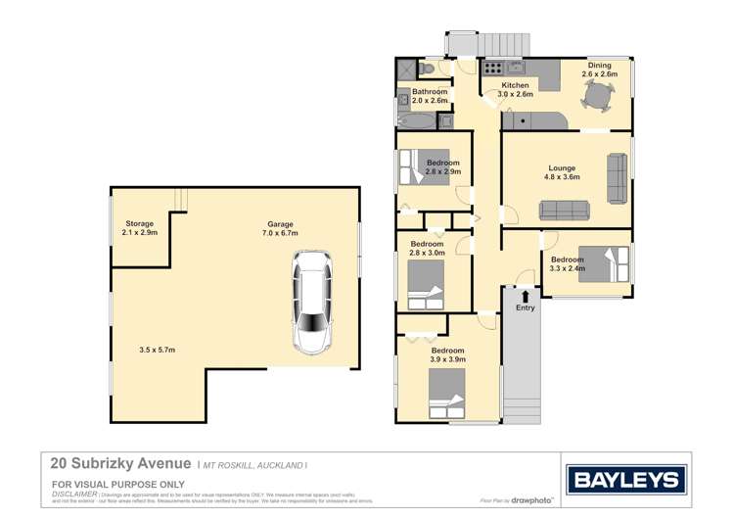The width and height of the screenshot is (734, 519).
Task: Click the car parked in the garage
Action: (x=312, y=302)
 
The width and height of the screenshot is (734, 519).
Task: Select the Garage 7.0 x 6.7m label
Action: (x=280, y=228)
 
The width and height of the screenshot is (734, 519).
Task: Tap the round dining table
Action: (x=600, y=96)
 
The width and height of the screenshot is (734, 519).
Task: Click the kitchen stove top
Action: (x=491, y=69)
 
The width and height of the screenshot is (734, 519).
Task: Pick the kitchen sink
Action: (x=515, y=69)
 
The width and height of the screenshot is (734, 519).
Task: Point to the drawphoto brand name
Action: (x=530, y=500)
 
